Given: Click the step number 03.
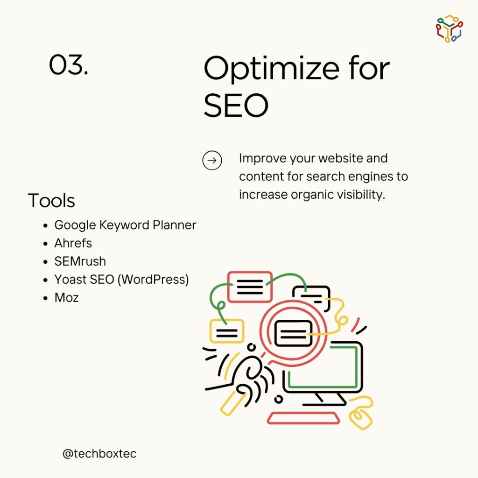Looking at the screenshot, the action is coord(69,64).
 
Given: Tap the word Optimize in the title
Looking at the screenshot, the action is coord(271,70).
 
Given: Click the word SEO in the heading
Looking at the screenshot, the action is coord(236,105).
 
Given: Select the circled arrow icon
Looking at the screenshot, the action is coord(212,161).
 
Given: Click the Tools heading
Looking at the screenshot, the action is coord(51,201).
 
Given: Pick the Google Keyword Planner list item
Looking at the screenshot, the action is coord(125,225).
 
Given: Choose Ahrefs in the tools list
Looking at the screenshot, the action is coord(73,243).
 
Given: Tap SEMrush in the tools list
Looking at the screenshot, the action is coord(80,261).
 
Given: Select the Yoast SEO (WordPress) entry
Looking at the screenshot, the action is coord(122,280).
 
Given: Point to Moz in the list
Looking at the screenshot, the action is coord(66,298).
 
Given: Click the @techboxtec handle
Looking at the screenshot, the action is coord(99,454).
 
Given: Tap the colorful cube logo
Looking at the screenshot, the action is coord(450,28).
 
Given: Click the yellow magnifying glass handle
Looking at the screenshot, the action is coord(233,403).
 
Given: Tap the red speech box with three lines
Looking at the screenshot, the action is coord(250,287).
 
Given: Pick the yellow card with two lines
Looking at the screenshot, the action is coord(227,331).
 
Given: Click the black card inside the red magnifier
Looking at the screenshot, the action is coord(293,334).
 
